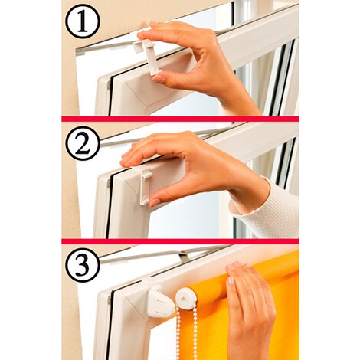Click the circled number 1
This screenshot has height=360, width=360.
tap(82, 21)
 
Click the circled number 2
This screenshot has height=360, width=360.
tap(82, 143)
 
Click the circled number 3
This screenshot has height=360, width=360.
tap(82, 265)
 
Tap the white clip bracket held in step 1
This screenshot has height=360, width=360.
tap(146, 54)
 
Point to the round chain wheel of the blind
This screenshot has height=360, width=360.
tap(186, 299)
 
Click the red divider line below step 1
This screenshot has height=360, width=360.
tap(180, 119)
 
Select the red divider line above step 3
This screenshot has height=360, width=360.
tap(180, 241)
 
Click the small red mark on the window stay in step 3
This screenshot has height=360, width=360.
tap(182, 254)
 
